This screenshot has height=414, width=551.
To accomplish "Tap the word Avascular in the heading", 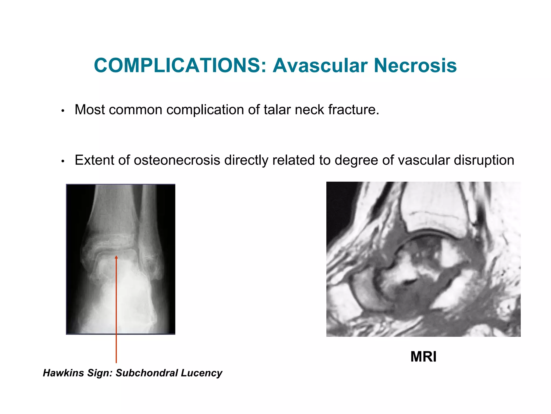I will click(x=320, y=65).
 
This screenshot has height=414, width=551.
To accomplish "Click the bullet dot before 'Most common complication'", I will click(x=63, y=111).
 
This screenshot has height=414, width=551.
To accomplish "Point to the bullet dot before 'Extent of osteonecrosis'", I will click(x=63, y=161).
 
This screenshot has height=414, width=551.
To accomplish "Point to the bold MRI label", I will click(x=423, y=357).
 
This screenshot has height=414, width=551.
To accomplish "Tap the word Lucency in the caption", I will click(x=202, y=373).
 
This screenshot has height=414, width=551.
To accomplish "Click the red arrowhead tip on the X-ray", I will click(x=116, y=257).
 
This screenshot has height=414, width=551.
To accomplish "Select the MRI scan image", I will click(x=423, y=259).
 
